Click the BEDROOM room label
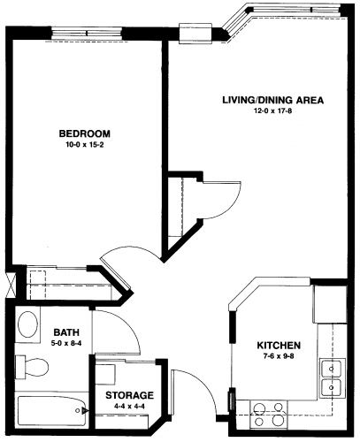click(85, 133)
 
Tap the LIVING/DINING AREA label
click(272, 100)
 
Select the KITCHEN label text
click(279, 346)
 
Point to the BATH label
click(66, 332)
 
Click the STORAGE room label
click(130, 395)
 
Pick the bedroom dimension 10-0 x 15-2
click(85, 145)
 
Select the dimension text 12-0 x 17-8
click(272, 111)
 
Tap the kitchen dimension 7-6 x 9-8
click(279, 356)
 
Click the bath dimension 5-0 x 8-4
click(66, 343)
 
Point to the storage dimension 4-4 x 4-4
click(130, 407)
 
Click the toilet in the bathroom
click(32, 367)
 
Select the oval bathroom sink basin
click(28, 324)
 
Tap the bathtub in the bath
click(52, 411)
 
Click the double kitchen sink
click(333, 377)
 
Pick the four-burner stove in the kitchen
click(268, 415)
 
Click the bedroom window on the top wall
click(87, 33)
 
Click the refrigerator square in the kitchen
click(330, 305)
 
